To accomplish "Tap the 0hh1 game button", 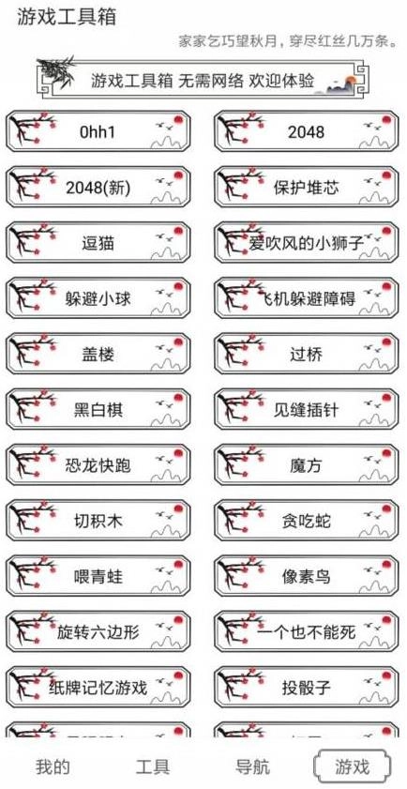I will coord(98,132).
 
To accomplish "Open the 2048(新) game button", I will coord(98,188).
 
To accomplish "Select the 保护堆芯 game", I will coord(306,188).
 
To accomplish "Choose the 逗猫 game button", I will coord(98,243).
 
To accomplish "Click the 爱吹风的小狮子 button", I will coord(306,243).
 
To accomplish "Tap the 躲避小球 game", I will coord(98,299).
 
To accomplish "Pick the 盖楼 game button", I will coord(98,355).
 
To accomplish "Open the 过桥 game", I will coord(306,355).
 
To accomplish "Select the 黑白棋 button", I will coord(98,410).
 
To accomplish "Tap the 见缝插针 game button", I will coord(306,410).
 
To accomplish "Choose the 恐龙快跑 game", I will coord(98,465).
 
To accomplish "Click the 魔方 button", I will coord(306,465).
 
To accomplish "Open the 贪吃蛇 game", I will coord(306,521).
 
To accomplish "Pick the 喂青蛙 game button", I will coord(98,576).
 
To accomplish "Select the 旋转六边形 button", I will coord(98,631).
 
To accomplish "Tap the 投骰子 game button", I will coord(306,687).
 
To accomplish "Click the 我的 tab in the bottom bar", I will coord(53,766).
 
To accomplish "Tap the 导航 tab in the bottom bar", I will coord(252,766).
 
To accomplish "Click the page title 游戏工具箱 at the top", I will coord(60,18).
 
